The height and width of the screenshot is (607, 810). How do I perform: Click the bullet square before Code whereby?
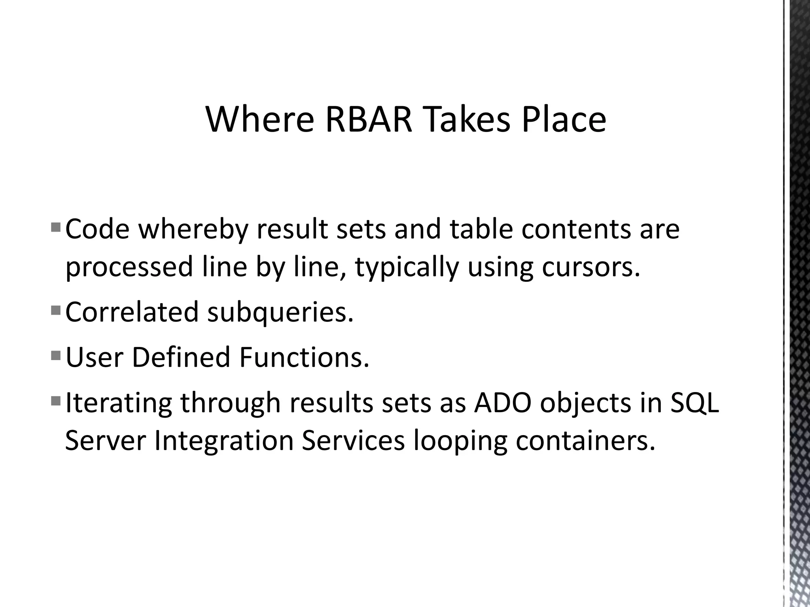(x=56, y=227)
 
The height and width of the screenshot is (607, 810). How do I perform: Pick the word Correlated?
(x=132, y=312)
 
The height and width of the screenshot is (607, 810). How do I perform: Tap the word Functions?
(x=304, y=357)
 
